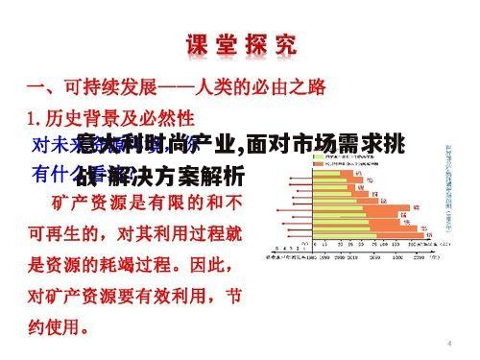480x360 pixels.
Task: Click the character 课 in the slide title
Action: (194, 45)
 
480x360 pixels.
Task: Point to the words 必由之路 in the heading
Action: (289, 87)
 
